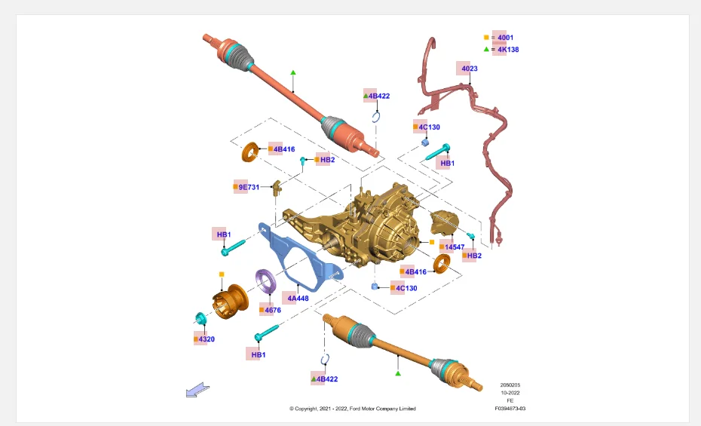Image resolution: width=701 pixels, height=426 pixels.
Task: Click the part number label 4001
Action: click(505, 38)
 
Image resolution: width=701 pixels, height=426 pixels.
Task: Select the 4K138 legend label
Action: click(508, 50)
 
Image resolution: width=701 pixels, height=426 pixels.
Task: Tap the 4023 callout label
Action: click(470, 69)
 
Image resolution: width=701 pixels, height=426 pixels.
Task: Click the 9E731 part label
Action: click(249, 187)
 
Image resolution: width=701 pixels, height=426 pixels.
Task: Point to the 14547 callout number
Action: click(455, 247)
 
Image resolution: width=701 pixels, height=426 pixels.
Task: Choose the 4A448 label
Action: click(298, 298)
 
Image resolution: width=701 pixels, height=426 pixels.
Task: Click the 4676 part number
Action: click(273, 310)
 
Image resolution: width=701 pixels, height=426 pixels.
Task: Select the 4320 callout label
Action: click(207, 339)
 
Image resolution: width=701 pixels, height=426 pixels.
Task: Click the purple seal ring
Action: click(266, 281)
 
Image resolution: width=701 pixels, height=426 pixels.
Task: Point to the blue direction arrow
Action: click(197, 390)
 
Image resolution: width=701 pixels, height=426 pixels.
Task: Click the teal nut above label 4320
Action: click(201, 319)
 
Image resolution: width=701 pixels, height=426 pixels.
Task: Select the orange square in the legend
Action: click(486, 38)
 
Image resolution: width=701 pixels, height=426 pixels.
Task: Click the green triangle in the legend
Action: click(486, 49)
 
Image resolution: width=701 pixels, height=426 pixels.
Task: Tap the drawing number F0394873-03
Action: click(510, 409)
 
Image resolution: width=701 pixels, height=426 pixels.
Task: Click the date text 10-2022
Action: click(510, 393)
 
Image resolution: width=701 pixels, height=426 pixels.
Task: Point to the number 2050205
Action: click(510, 385)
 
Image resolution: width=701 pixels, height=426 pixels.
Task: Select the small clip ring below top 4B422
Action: click(376, 118)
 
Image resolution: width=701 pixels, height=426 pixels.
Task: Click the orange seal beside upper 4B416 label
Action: click(250, 152)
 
